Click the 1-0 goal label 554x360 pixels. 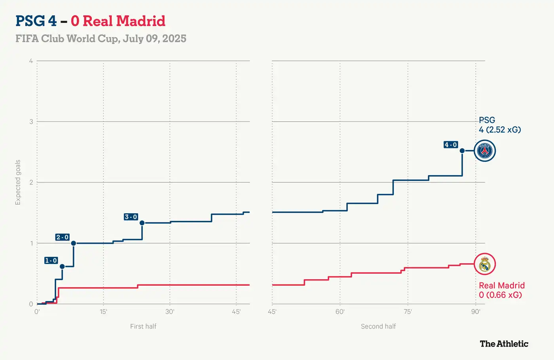(51, 260)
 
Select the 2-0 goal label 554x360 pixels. (62, 237)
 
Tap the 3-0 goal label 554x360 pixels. (131, 217)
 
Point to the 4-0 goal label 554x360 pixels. (451, 145)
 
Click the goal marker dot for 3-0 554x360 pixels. (142, 223)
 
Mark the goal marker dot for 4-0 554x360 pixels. (462, 151)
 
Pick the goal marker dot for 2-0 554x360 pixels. (74, 243)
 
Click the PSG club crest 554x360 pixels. (485, 151)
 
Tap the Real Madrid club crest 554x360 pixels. (485, 264)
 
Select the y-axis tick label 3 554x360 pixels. (31, 121)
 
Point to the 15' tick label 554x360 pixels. (103, 312)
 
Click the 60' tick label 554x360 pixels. (340, 312)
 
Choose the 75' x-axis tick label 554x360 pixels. (408, 312)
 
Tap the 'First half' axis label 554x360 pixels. (143, 326)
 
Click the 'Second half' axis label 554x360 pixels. (378, 326)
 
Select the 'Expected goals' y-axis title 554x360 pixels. (18, 182)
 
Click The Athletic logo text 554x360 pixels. (504, 344)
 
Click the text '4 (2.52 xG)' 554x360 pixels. (500, 130)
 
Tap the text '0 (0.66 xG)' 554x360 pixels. (500, 295)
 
